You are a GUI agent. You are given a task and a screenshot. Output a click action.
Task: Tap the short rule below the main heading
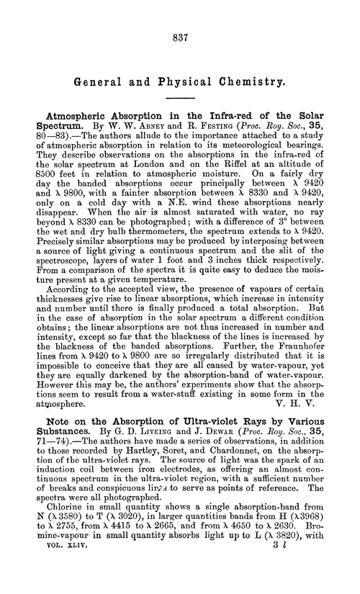click(x=180, y=98)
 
